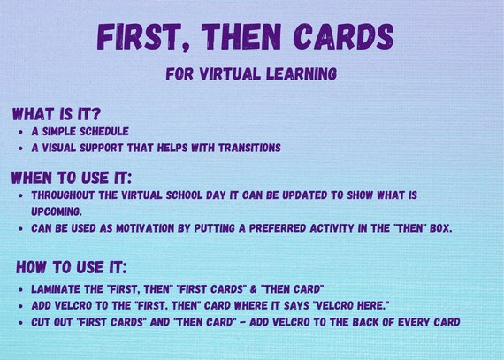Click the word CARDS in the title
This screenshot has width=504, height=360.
point(341,37)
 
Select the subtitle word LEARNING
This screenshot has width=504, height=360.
point(302,74)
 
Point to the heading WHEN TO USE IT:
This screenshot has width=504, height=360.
point(71,177)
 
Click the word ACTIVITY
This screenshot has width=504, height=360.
point(320,228)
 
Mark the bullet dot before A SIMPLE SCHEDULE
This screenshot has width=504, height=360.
point(20,132)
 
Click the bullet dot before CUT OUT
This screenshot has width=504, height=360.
point(20,321)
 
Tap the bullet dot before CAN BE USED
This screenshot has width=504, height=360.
point(20,228)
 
